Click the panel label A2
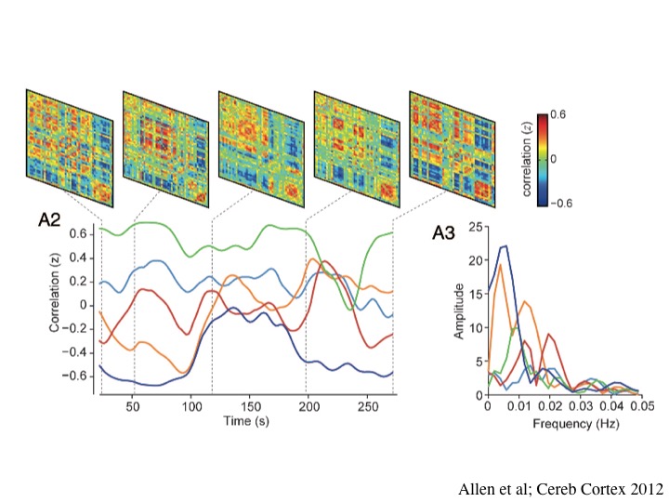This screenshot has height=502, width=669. (50, 219)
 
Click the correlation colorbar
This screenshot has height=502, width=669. (544, 159)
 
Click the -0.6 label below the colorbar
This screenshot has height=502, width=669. (559, 203)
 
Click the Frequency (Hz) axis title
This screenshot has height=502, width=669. (564, 423)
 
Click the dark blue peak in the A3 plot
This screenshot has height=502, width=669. (504, 246)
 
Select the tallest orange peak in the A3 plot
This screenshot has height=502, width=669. (500, 265)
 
